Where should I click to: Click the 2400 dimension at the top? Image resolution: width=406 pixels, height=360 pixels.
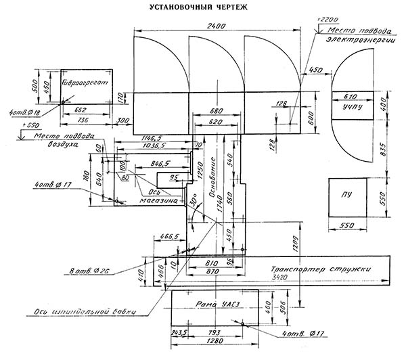(216, 25)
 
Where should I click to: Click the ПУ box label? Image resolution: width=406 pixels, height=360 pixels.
(347, 196)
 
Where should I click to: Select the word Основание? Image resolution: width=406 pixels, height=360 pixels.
(212, 177)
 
